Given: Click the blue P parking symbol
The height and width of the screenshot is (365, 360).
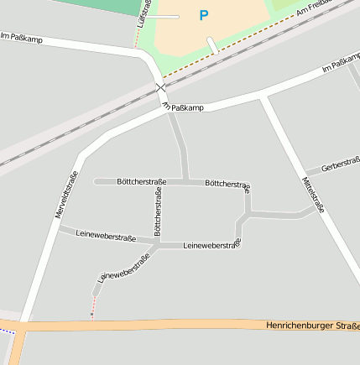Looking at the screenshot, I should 203,15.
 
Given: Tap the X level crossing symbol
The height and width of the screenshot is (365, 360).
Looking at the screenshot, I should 161,87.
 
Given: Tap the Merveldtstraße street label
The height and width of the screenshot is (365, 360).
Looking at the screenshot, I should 67,195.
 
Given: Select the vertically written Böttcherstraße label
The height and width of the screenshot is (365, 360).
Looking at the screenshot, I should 158,211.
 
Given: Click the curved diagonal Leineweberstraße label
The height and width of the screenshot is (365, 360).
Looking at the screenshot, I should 117,266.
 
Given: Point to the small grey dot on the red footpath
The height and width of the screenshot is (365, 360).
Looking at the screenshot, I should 92,315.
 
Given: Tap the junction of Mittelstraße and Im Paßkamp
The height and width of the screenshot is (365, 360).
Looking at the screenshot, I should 263,97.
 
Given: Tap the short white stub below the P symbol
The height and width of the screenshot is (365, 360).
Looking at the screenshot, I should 213,45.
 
